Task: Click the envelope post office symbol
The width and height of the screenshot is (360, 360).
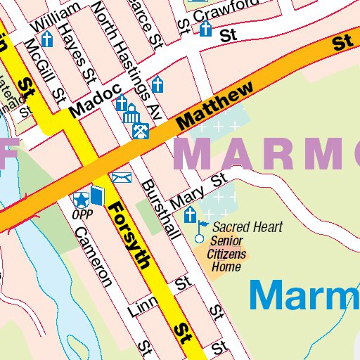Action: pos(122,177)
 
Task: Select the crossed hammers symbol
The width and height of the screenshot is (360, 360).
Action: pos(141,130)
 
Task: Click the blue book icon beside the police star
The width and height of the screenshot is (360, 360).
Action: pos(96,196)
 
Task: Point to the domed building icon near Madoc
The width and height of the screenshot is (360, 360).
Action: pos(131,112)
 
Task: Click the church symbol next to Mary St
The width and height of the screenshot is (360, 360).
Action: pos(189,216)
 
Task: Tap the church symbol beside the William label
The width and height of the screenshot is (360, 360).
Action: pos(47,39)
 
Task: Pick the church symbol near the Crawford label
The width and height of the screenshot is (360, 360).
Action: pos(205,29)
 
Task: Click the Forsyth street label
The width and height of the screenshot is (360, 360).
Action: pos(130,236)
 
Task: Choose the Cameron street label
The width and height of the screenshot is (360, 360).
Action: pos(93,257)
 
